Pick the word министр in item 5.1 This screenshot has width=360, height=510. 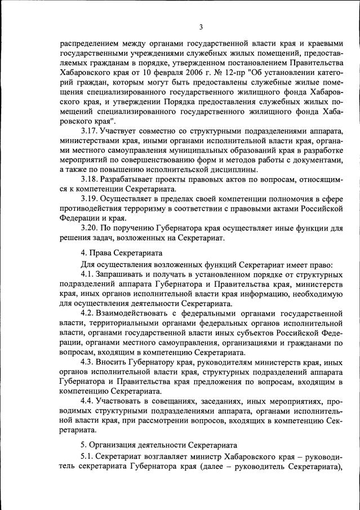(207, 455)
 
